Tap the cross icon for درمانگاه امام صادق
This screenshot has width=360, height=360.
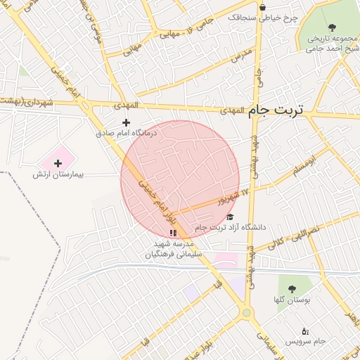point(127,122)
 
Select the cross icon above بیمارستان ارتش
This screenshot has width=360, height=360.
point(58,163)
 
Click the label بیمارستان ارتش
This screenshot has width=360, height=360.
point(58,173)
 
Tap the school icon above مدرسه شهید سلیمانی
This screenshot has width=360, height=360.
point(173,233)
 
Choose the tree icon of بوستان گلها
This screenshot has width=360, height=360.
point(292,289)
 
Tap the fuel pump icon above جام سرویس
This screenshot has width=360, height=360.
point(304,331)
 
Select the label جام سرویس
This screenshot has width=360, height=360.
point(306,341)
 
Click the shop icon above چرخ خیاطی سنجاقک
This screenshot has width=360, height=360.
point(262,8)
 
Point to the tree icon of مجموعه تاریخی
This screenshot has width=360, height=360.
point(331,28)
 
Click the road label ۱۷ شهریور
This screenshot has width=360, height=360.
point(235,195)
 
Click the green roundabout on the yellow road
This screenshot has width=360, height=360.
point(246,312)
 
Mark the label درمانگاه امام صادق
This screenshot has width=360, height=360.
point(127,132)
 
